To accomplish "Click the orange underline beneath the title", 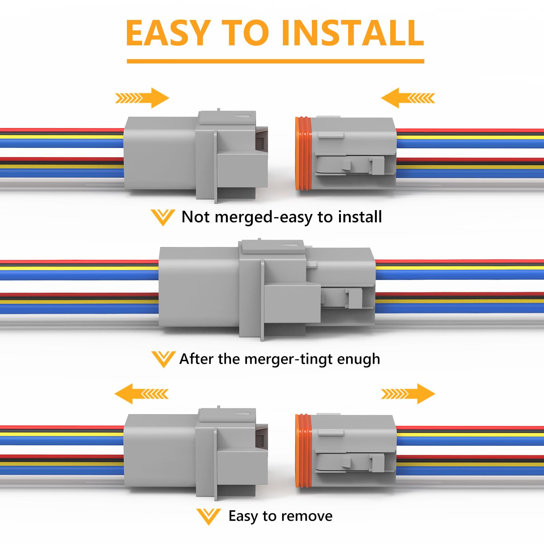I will coord(275,61).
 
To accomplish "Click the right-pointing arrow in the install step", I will coord(143,98).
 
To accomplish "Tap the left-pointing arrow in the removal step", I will coord(141,393).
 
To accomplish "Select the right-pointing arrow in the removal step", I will coord(408,393).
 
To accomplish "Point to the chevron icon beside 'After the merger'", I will coord(163,359).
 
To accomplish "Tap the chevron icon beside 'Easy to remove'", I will coord(209,516).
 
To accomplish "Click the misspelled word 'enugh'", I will coord(358,359).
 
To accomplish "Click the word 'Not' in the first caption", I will coord(195,217).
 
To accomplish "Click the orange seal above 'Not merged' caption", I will coord(304,154).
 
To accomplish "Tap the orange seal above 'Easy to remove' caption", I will coord(304,451).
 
